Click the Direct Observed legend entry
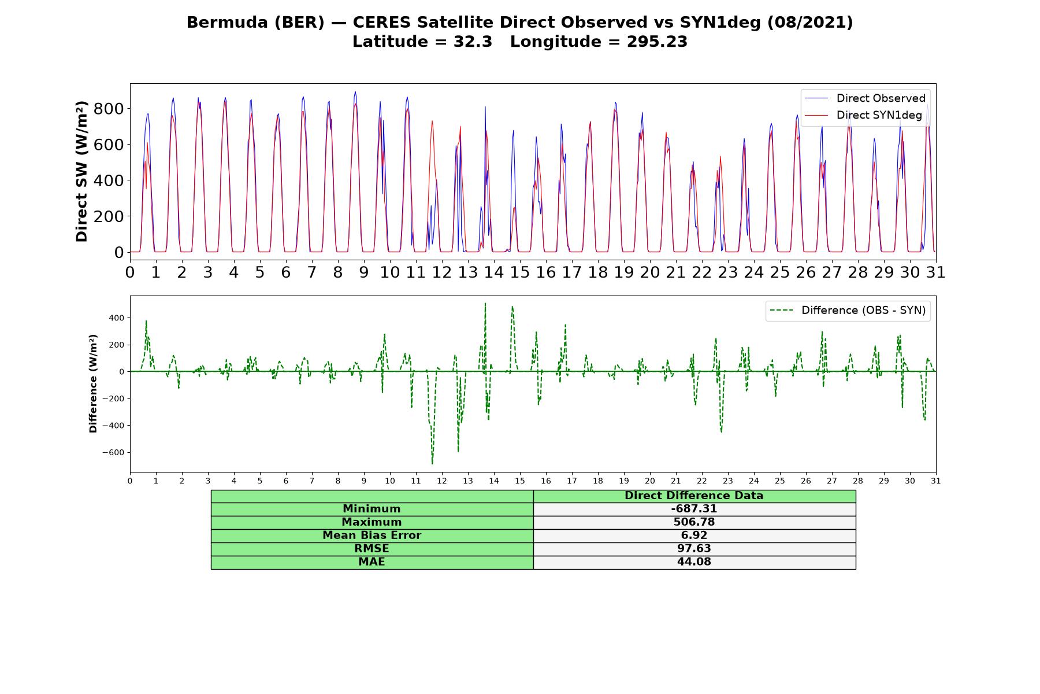coord(864,98)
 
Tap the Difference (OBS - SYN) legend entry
coord(848,311)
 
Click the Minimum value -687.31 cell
coord(694,509)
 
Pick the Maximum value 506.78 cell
coord(694,522)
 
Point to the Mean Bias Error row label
coord(372,536)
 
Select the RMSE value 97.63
coord(694,549)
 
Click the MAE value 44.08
coord(694,562)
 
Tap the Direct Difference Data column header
coord(694,496)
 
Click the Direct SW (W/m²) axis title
coord(82,171)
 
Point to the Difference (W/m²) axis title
coord(93,383)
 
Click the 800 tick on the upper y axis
coord(110,109)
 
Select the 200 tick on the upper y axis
coord(110,216)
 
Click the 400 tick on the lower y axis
coord(116,318)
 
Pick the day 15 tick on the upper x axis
coord(519,272)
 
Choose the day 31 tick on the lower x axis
coord(935,481)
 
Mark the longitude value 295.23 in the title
coord(657,42)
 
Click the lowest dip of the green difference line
coord(432,464)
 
